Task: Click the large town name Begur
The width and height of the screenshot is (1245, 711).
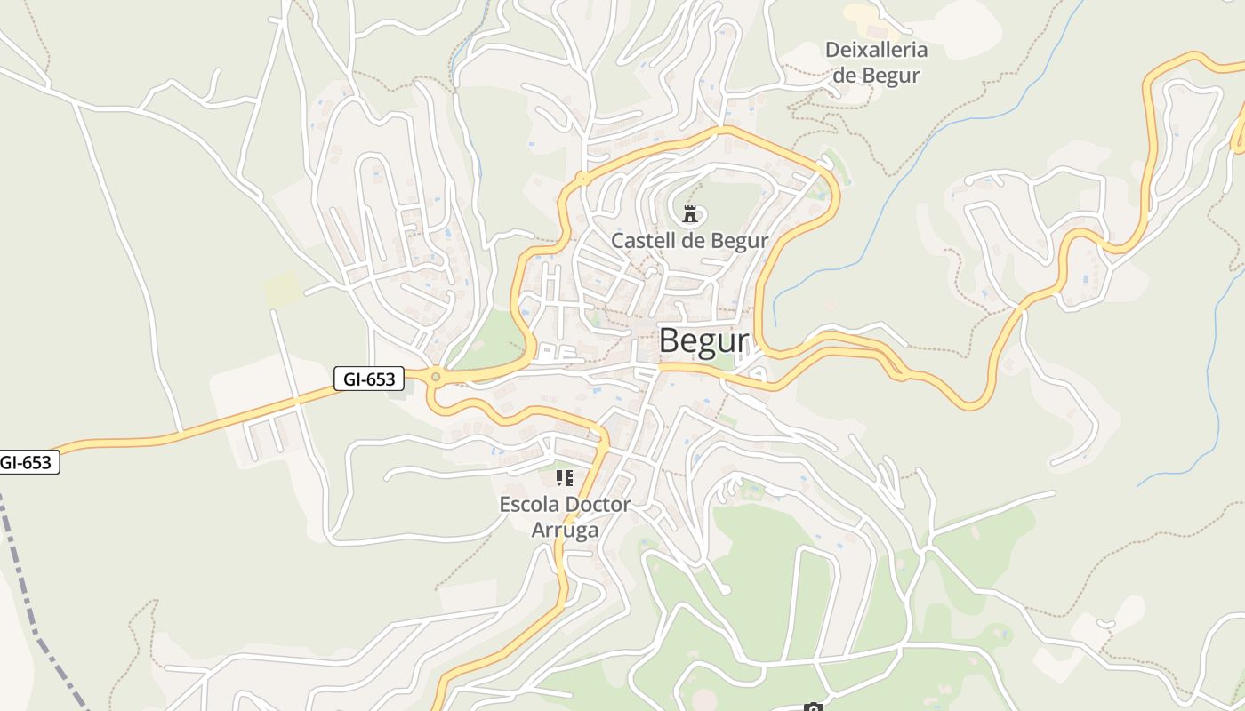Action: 704,341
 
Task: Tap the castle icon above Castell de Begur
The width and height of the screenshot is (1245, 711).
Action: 689,213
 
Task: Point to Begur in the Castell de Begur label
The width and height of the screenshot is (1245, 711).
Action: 739,240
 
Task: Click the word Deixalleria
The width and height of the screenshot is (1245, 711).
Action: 876,50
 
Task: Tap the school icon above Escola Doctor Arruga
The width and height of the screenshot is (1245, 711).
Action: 564,478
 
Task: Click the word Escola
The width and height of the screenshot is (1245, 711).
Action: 530,505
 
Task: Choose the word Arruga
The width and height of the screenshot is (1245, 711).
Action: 565,531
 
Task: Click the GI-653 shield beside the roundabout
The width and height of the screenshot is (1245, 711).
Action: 369,379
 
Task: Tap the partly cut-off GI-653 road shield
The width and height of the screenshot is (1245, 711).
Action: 28,462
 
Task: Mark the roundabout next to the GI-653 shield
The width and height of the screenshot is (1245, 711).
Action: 435,377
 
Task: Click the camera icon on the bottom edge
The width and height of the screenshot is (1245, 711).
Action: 812,707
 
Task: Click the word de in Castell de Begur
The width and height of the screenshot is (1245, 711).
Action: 696,240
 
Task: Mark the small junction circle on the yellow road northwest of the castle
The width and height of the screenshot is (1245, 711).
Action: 582,179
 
